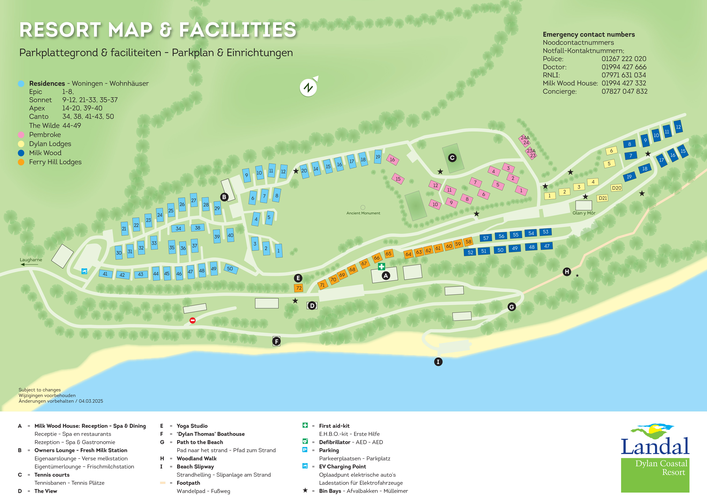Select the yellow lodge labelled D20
(x=616, y=188)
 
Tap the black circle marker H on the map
(x=567, y=272)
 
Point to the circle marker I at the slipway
(x=438, y=362)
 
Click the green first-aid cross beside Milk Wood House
(x=382, y=266)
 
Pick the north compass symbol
(x=308, y=88)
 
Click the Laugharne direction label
(x=31, y=260)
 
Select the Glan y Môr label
(x=584, y=213)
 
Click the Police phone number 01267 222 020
(x=624, y=59)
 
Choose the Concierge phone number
(x=625, y=91)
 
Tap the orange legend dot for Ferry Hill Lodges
(x=21, y=162)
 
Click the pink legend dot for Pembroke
(x=21, y=135)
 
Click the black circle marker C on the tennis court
(x=452, y=158)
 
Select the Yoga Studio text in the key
(x=192, y=426)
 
